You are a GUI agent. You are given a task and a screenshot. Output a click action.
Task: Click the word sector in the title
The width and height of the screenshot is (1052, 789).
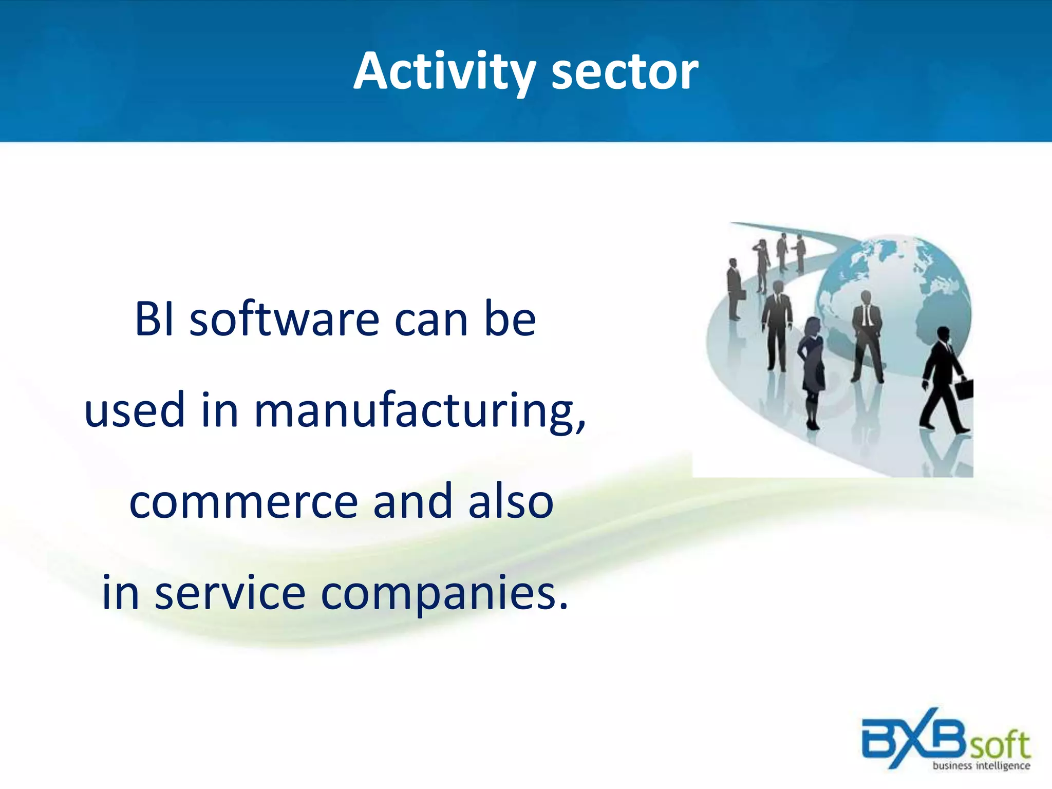625,73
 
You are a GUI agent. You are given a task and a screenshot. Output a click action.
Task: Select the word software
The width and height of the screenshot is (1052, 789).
285,320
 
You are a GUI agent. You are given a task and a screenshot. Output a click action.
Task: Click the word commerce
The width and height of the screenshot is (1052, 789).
244,502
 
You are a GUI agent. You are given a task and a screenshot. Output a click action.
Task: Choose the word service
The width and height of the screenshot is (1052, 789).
230,593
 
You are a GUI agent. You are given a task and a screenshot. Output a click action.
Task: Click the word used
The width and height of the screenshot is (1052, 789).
135,411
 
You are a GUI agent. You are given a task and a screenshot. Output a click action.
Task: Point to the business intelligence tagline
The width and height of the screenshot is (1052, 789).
981,766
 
